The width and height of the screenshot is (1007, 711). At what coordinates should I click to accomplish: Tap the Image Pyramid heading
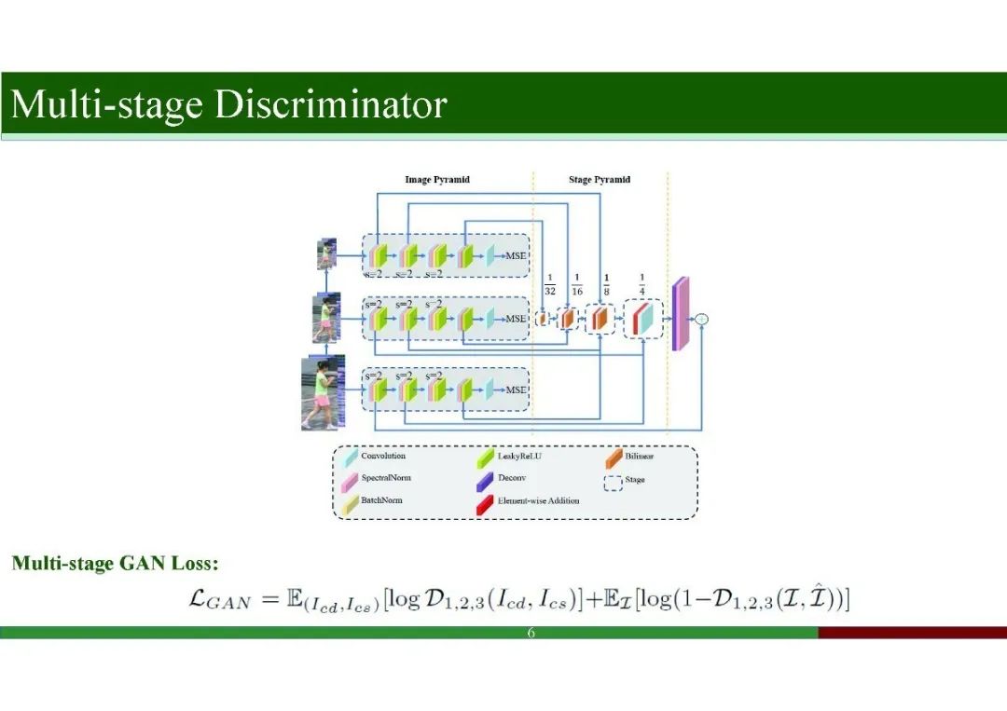[x=436, y=179]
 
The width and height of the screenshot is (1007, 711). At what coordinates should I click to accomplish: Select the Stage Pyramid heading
[x=599, y=179]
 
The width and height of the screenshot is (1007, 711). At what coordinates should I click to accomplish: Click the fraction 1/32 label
[x=550, y=284]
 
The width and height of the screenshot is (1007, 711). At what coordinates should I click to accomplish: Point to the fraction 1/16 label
[x=577, y=284]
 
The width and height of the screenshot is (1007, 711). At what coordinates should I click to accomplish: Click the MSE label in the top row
[x=516, y=255]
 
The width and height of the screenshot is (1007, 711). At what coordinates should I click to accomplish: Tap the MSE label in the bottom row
[x=516, y=390]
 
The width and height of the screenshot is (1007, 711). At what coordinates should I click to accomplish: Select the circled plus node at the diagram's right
[x=702, y=319]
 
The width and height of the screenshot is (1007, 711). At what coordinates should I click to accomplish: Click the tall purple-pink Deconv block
[x=680, y=314]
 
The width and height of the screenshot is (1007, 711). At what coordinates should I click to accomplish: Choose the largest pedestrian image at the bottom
[x=323, y=392]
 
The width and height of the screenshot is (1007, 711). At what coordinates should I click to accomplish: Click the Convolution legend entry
[x=382, y=457]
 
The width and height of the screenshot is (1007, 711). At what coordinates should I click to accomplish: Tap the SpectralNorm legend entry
[x=385, y=478]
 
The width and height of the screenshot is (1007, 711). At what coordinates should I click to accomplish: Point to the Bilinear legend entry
[x=640, y=457]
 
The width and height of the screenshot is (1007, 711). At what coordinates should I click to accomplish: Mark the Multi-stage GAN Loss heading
[x=115, y=563]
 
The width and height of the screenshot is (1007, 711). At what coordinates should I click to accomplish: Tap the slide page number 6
[x=531, y=634]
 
